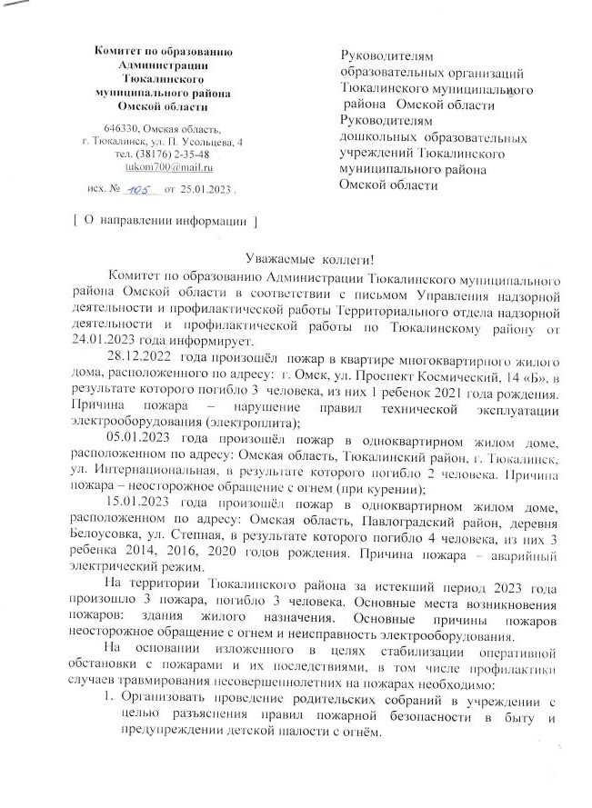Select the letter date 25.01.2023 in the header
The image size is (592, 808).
[x=207, y=192]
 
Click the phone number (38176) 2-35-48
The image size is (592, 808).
[x=176, y=154]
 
